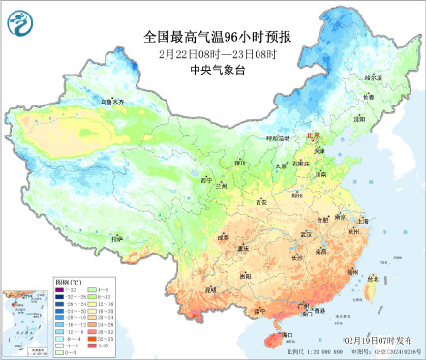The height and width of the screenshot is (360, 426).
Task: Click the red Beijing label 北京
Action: coord(313,138)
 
